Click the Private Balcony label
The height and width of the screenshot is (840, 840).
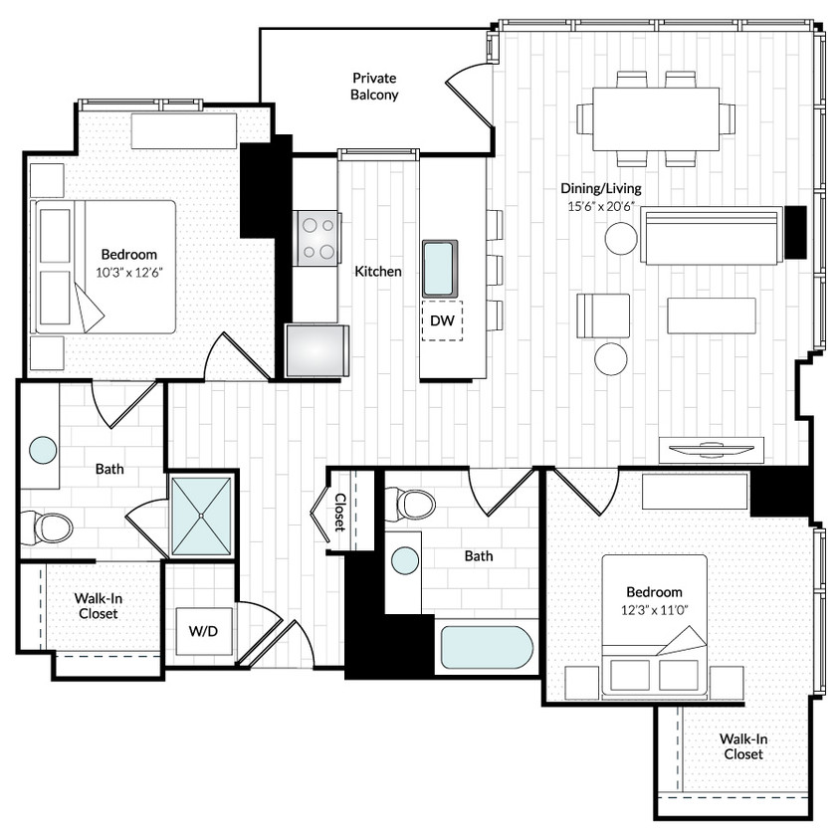pos(374,87)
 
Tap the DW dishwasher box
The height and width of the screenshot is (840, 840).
pos(441,320)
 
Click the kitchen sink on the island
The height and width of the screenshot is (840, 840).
pos(440,268)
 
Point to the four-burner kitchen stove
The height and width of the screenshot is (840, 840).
pos(317,239)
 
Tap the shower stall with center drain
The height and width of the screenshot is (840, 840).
pos(202,515)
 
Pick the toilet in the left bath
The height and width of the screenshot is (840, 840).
pos(48,527)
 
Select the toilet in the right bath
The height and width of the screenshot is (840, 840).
pos(411,504)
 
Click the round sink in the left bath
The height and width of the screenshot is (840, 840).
pos(43,450)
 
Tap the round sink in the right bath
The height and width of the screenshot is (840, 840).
pos(404,560)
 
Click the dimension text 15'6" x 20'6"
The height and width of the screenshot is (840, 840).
pos(600,207)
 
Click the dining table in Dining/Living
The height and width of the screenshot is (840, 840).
pos(655,118)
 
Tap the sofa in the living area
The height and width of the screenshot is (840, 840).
pos(712,236)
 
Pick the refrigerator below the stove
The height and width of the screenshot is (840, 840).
pos(317,350)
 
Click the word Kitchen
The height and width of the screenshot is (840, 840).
pos(378,271)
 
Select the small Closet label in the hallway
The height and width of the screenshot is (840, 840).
pos(339,512)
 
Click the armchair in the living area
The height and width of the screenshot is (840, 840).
pos(603,315)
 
